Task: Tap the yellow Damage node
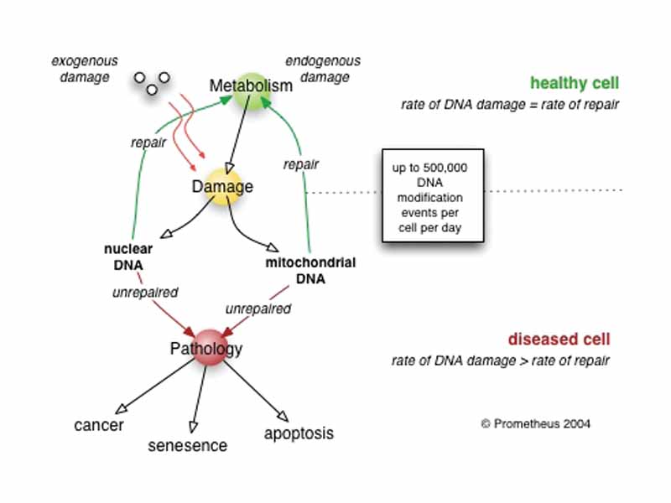[222, 186]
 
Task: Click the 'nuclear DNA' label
[125, 257]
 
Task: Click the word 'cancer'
[99, 425]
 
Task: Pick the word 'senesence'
[187, 446]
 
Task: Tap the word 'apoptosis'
[299, 433]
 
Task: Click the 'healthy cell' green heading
[575, 83]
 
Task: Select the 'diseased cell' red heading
[558, 340]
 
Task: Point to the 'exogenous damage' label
[85, 69]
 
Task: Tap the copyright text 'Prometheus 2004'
[535, 423]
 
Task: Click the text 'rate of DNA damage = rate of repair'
[509, 105]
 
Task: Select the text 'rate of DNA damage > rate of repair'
[501, 361]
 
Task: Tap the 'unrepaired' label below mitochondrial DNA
[258, 309]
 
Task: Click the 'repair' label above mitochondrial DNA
[300, 164]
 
